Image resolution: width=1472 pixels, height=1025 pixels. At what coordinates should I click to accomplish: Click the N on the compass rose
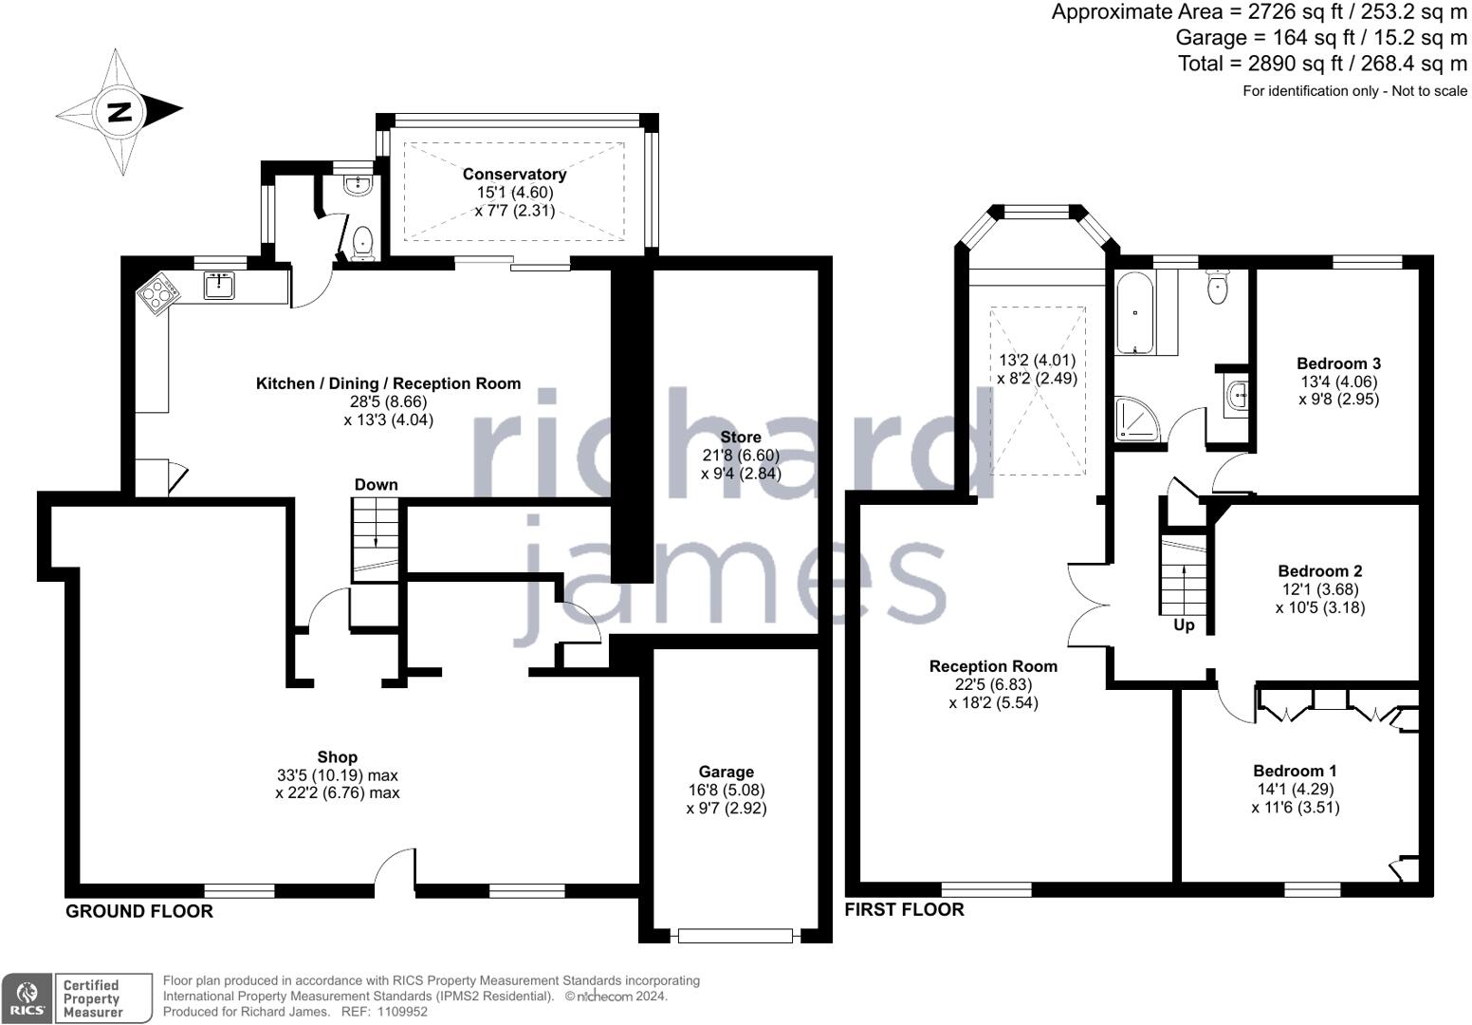click(x=119, y=112)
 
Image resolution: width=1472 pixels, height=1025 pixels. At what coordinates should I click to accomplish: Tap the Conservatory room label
click(x=514, y=175)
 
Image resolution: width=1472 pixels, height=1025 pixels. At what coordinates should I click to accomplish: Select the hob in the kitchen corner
click(x=158, y=293)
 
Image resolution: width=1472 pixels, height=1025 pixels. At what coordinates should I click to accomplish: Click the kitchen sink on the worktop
click(x=219, y=286)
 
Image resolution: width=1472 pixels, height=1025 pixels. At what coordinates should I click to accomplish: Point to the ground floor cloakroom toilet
click(x=362, y=242)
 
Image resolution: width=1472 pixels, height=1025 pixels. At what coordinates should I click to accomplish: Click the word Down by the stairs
click(x=376, y=485)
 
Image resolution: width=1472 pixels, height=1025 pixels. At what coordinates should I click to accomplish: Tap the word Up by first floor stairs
click(x=1184, y=625)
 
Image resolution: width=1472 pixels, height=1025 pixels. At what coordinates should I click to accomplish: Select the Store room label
click(x=741, y=438)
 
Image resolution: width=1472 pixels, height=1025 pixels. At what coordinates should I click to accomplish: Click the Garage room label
click(x=727, y=772)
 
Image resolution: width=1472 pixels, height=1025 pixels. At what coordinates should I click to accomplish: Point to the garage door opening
click(x=735, y=935)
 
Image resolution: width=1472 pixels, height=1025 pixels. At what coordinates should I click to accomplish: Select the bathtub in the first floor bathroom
click(x=1134, y=313)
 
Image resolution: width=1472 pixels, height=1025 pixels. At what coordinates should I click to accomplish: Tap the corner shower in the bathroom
click(x=1137, y=419)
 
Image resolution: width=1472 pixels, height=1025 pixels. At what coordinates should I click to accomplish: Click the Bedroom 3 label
click(x=1338, y=363)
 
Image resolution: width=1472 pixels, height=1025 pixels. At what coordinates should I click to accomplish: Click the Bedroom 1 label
click(x=1295, y=771)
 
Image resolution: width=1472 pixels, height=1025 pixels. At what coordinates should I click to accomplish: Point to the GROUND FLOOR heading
click(x=139, y=911)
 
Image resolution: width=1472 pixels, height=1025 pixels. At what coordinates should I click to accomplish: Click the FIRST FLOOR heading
click(x=904, y=909)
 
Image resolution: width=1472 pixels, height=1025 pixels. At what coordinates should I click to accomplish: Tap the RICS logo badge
click(x=27, y=998)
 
